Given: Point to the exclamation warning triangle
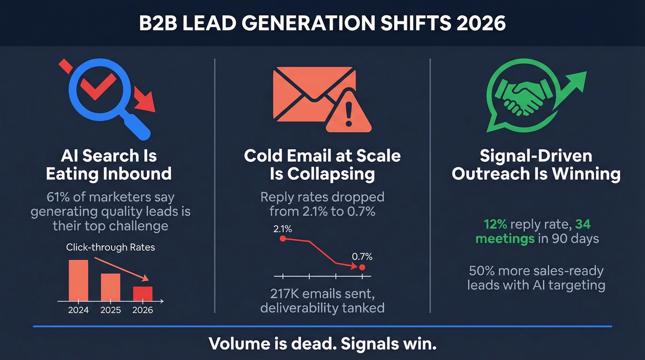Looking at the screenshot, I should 348,112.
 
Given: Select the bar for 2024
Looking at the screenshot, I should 78,280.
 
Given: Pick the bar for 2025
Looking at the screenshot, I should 110,287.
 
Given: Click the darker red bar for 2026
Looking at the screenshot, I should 142,294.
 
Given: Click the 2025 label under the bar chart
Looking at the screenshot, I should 110,310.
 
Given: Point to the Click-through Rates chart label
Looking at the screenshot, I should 111,247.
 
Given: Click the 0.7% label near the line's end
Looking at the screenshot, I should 362,257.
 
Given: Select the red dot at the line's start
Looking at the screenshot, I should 283,238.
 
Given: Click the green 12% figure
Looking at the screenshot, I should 495,224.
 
